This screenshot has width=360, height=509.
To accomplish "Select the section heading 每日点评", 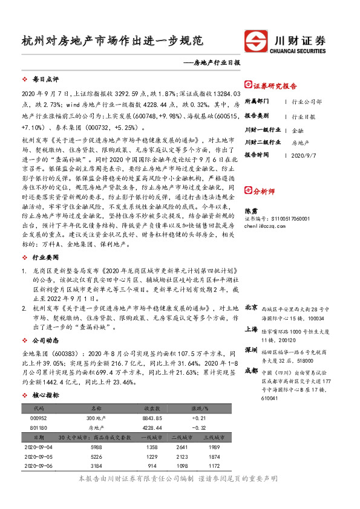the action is click(x=45, y=80).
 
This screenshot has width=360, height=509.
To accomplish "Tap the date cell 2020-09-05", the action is click(x=38, y=457).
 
